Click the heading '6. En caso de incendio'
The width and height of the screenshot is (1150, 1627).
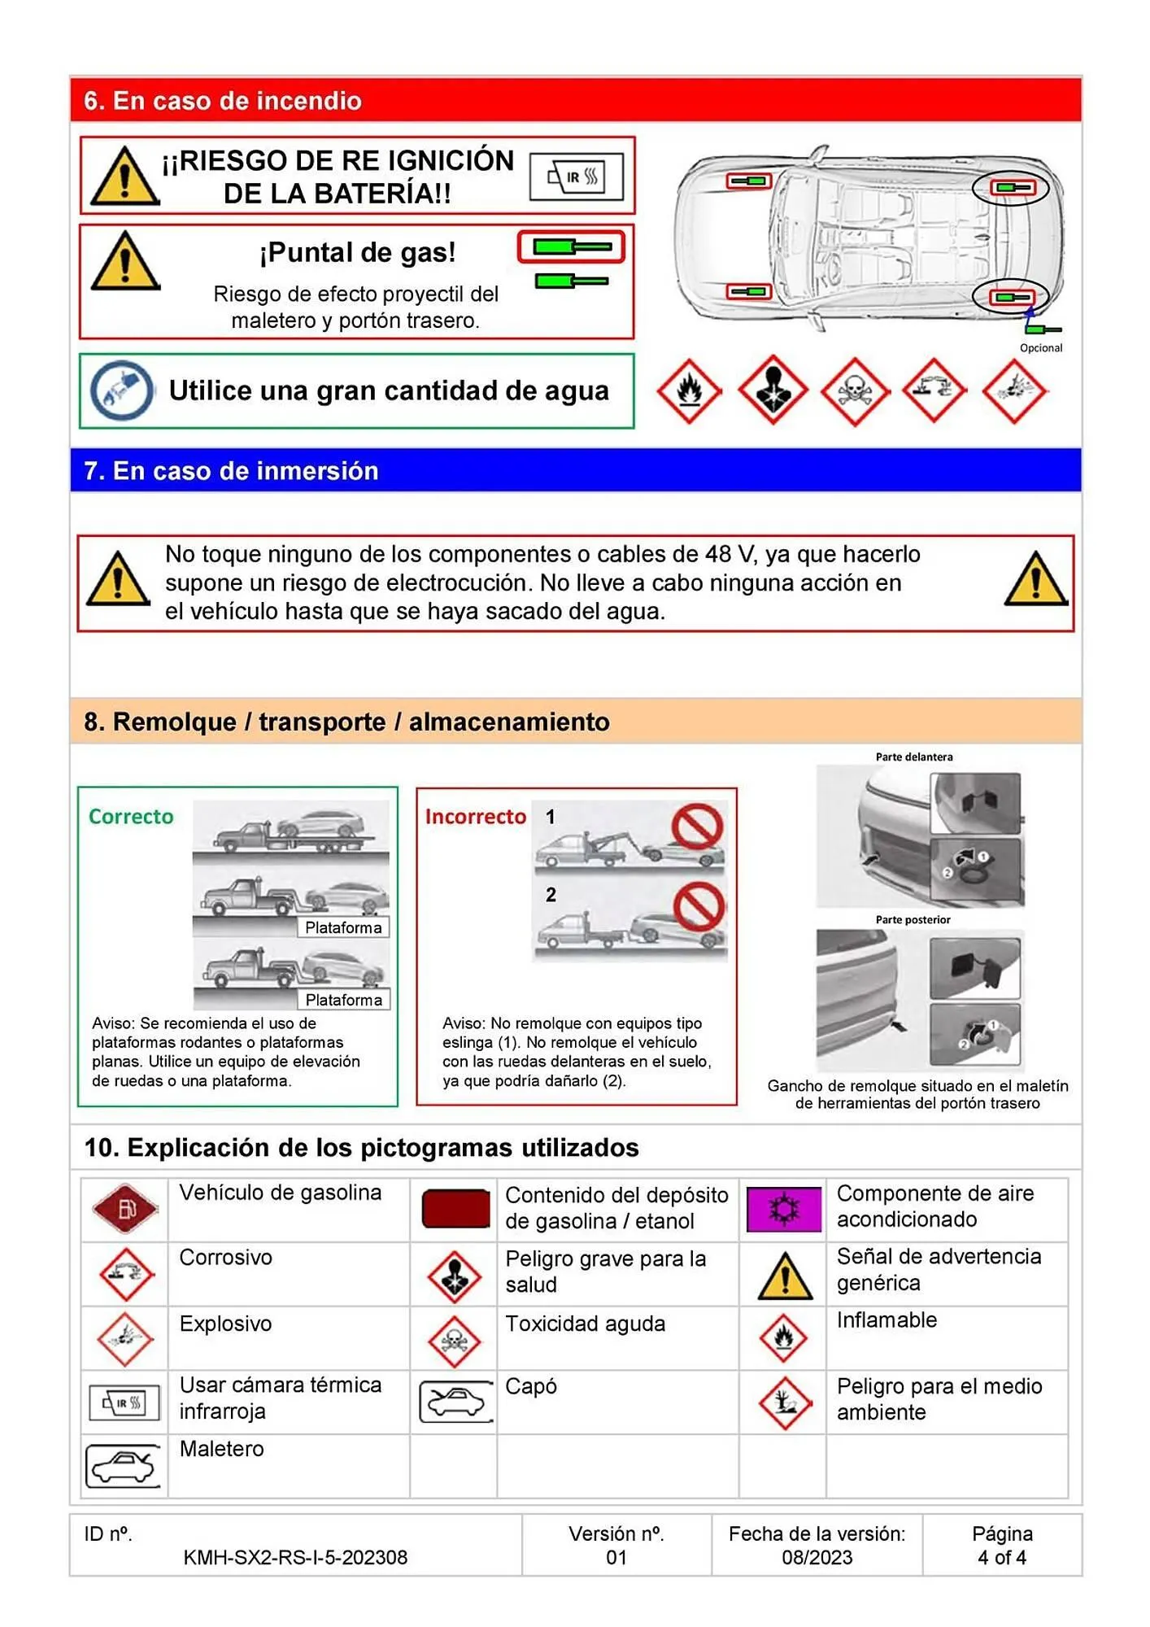click(x=223, y=101)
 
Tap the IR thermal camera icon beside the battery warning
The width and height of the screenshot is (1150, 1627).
click(x=576, y=177)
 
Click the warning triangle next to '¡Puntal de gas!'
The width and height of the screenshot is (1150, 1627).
click(x=125, y=262)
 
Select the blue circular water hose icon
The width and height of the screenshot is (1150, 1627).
click(x=122, y=390)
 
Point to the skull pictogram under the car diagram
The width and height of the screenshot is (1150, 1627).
click(x=853, y=392)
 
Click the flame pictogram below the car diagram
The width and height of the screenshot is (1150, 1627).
click(x=689, y=392)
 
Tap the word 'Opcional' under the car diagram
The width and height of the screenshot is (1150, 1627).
click(x=1040, y=348)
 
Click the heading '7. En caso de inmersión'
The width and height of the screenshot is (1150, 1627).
click(x=231, y=471)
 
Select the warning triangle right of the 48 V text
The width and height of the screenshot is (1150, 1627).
click(x=1035, y=581)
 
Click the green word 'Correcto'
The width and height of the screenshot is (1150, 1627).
click(x=131, y=817)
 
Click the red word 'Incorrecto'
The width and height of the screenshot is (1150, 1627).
click(x=475, y=817)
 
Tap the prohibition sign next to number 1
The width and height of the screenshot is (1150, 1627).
click(x=697, y=827)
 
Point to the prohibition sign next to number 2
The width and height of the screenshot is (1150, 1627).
click(x=699, y=906)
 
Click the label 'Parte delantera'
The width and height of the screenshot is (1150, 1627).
click(x=913, y=757)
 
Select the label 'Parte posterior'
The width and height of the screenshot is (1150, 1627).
click(x=913, y=920)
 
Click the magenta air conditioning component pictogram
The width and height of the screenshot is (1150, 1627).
click(x=783, y=1209)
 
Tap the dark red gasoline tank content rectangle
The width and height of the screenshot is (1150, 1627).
click(x=455, y=1209)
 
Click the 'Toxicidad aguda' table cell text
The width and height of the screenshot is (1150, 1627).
click(x=585, y=1324)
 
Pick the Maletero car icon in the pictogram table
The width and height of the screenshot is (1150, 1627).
click(x=123, y=1466)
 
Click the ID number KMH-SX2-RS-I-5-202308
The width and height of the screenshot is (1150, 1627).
click(x=295, y=1557)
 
